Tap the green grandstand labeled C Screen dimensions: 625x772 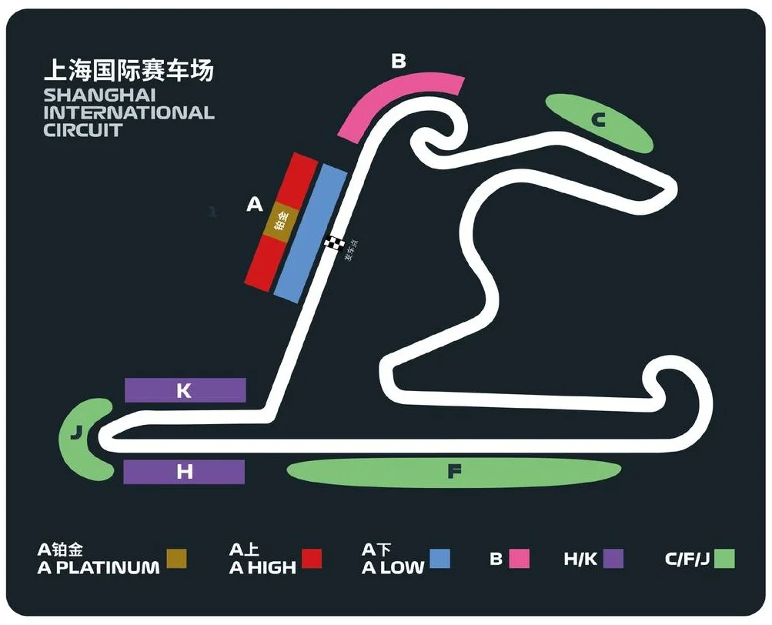(599, 121)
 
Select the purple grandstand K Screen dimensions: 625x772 (185, 390)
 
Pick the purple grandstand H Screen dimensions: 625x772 (184, 472)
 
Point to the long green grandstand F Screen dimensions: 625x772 (454, 472)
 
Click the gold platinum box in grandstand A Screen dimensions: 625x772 (281, 222)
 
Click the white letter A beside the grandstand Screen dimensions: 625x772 (255, 205)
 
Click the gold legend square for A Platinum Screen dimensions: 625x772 (177, 559)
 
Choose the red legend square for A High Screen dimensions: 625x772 (311, 559)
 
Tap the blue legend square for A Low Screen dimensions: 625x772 (439, 559)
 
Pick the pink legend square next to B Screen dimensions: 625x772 (520, 559)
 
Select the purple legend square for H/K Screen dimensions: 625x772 (613, 559)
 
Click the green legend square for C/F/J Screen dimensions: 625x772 (724, 559)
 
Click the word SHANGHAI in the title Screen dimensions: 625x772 (100, 95)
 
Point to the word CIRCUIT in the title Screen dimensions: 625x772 (83, 129)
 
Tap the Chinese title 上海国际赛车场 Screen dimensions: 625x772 (129, 71)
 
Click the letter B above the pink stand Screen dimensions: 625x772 (398, 61)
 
